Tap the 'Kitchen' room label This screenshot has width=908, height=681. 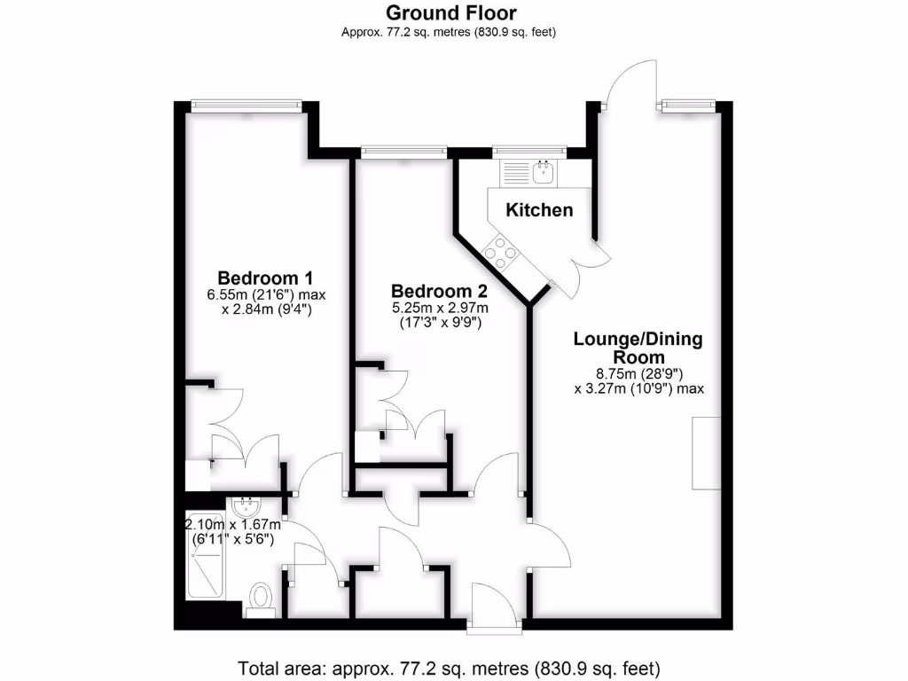539,210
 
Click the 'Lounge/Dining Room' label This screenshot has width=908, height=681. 638,348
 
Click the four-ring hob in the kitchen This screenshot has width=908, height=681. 501,252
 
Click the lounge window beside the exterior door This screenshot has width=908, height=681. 686,106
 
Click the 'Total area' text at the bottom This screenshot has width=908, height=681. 450,667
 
